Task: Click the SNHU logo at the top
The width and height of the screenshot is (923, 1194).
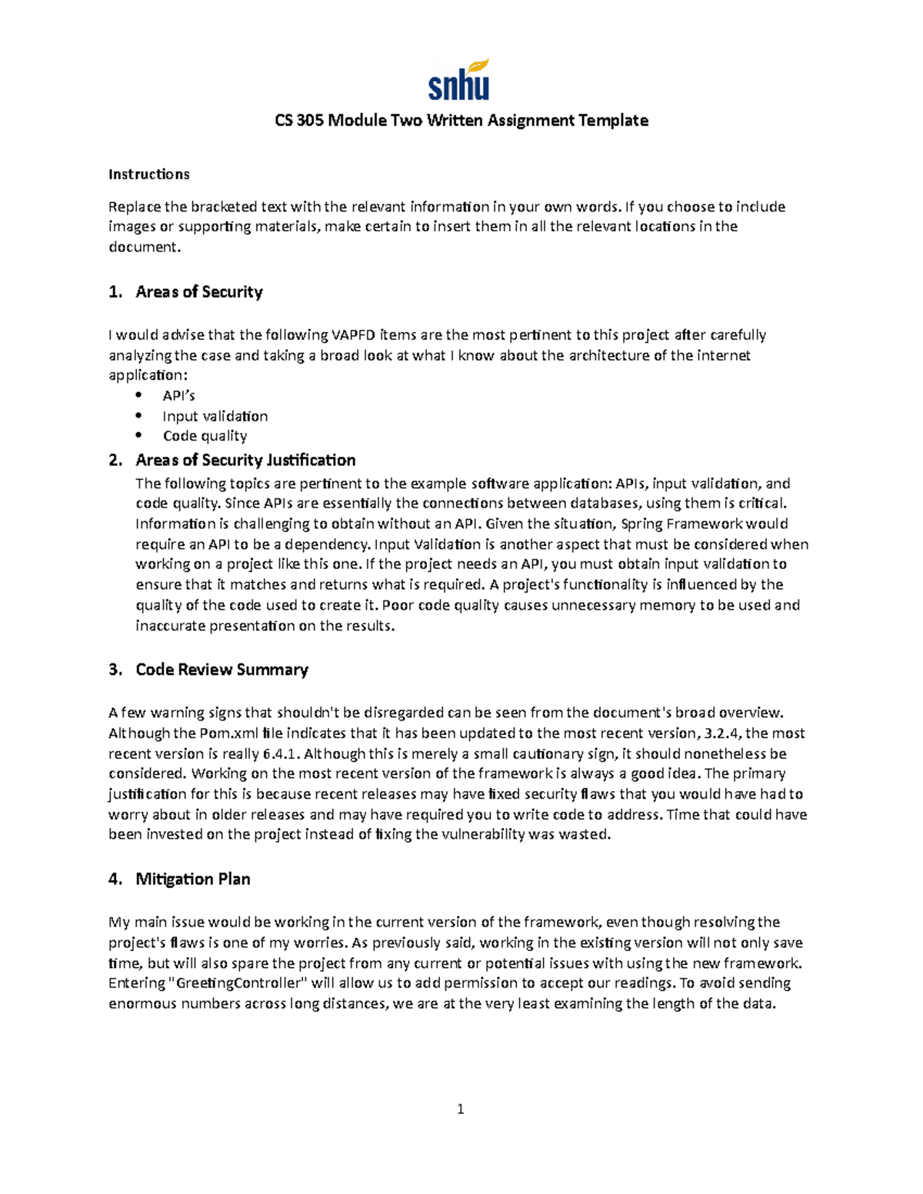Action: pos(459,80)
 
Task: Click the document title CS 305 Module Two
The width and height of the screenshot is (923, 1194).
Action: pos(461,121)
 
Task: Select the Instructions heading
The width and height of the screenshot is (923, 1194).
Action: pos(148,175)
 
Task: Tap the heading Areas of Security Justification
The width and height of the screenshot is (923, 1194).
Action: pos(245,461)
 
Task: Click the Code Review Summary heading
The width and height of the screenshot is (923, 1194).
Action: pos(222,670)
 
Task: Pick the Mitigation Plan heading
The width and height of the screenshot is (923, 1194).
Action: pos(192,880)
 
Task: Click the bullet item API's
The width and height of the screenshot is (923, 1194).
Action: pos(178,396)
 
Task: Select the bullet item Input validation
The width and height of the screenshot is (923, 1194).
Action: pos(215,417)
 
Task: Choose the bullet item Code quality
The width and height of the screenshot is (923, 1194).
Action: pos(205,437)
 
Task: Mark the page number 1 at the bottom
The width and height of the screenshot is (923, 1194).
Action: pos(460,1109)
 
